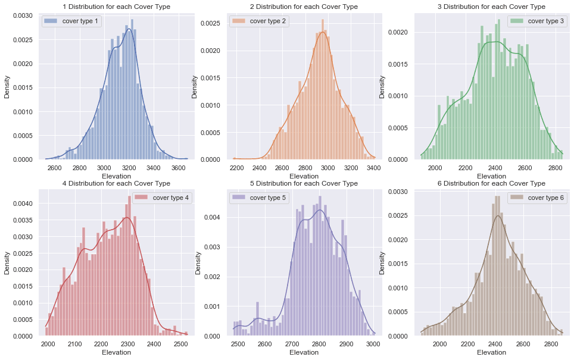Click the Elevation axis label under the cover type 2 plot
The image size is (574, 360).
click(304, 176)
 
